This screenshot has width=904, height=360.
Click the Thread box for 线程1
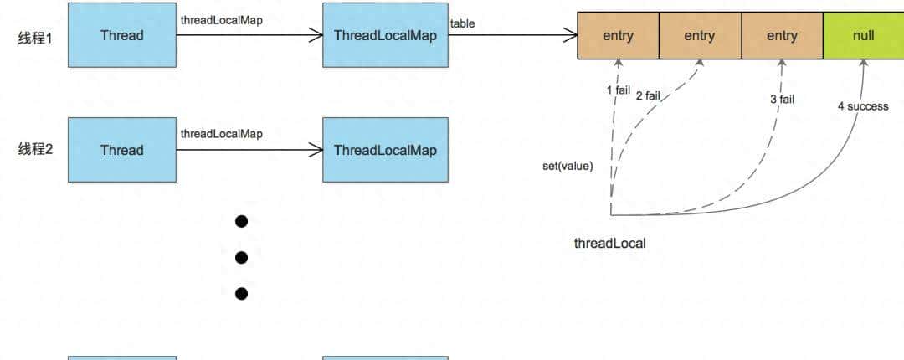[x=122, y=35]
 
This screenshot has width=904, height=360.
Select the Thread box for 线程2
[x=122, y=150]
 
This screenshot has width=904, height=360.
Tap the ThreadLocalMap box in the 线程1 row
[x=385, y=35]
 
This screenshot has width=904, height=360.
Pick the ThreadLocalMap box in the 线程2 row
[x=385, y=150]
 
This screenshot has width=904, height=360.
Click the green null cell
[x=863, y=36]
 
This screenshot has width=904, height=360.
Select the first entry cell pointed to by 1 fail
[x=618, y=36]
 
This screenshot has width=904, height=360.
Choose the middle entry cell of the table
[x=700, y=36]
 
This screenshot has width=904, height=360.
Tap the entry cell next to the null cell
[x=782, y=36]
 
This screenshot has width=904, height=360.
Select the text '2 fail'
[x=649, y=95]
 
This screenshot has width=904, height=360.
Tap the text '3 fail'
[x=782, y=100]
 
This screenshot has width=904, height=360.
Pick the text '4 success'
[x=863, y=106]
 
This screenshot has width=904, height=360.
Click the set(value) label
[x=568, y=166]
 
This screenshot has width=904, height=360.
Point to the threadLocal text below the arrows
[x=609, y=244]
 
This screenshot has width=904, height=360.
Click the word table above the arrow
[x=462, y=23]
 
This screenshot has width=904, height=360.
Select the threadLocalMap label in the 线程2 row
[x=221, y=134]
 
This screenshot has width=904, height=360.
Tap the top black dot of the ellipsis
[x=242, y=221]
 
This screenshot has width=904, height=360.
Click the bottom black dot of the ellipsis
[x=242, y=293]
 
